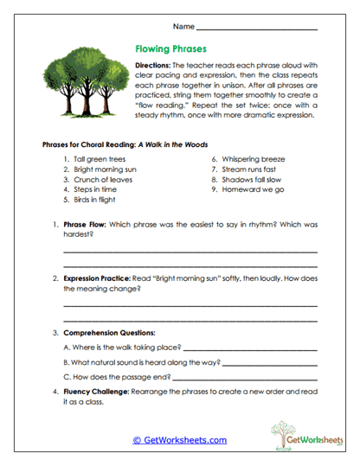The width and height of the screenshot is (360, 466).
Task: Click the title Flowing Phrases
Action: coord(171,49)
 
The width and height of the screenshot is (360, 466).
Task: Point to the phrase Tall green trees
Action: coord(101,160)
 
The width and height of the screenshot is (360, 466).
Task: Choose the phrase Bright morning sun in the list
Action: coord(106,169)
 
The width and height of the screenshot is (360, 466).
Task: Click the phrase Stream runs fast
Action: coord(252,169)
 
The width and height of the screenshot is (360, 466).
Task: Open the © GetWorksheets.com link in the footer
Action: coord(179,440)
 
